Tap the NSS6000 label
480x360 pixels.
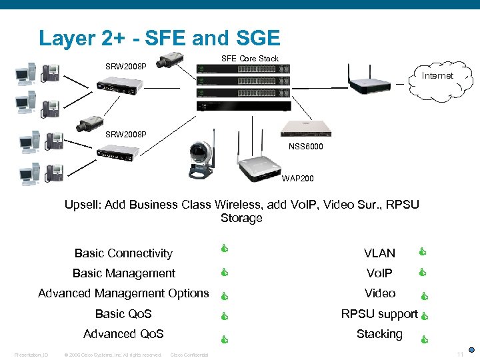pos(306,146)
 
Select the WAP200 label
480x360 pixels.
pos(296,178)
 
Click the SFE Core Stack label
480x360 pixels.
pos(249,59)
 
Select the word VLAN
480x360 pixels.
pos(379,253)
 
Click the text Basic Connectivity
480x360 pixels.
pos(123,253)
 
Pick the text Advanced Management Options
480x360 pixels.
pos(123,293)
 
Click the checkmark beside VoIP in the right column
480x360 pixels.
pos(421,272)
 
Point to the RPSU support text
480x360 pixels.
pos(379,314)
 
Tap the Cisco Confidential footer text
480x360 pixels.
pos(189,355)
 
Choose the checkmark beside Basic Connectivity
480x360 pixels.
pos(225,251)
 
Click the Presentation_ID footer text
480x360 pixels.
pos(31,355)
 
